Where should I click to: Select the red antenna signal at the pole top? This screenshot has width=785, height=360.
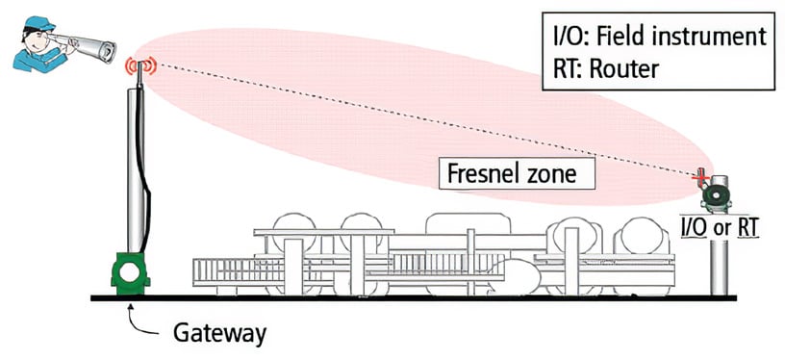(x=139, y=65)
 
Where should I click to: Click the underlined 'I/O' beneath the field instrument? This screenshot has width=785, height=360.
(x=695, y=227)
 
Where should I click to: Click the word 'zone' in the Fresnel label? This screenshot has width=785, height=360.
(x=558, y=175)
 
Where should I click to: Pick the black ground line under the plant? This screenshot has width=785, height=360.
(x=433, y=299)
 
